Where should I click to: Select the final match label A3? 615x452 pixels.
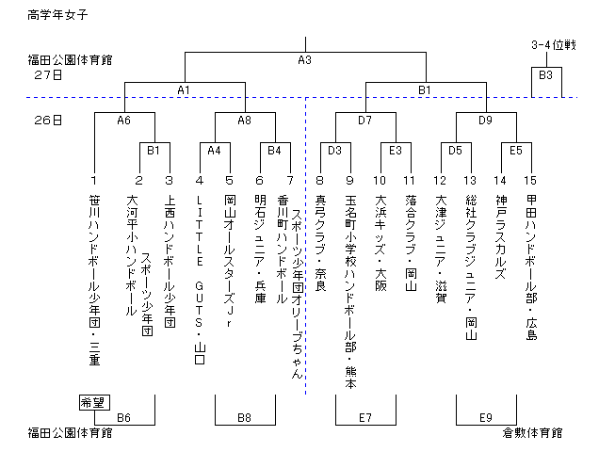(x=304, y=60)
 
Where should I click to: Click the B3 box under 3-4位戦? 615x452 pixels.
(x=545, y=73)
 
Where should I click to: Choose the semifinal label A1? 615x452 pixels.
(x=184, y=89)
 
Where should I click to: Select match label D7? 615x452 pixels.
(x=364, y=121)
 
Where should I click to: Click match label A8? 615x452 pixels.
(x=244, y=121)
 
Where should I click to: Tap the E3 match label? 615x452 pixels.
(x=395, y=150)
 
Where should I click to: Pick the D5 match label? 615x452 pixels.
(x=455, y=150)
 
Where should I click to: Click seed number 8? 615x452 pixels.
(x=320, y=180)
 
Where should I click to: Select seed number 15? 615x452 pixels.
(x=531, y=180)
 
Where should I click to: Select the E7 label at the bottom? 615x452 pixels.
(x=364, y=417)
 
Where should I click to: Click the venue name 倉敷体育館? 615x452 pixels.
(x=532, y=433)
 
